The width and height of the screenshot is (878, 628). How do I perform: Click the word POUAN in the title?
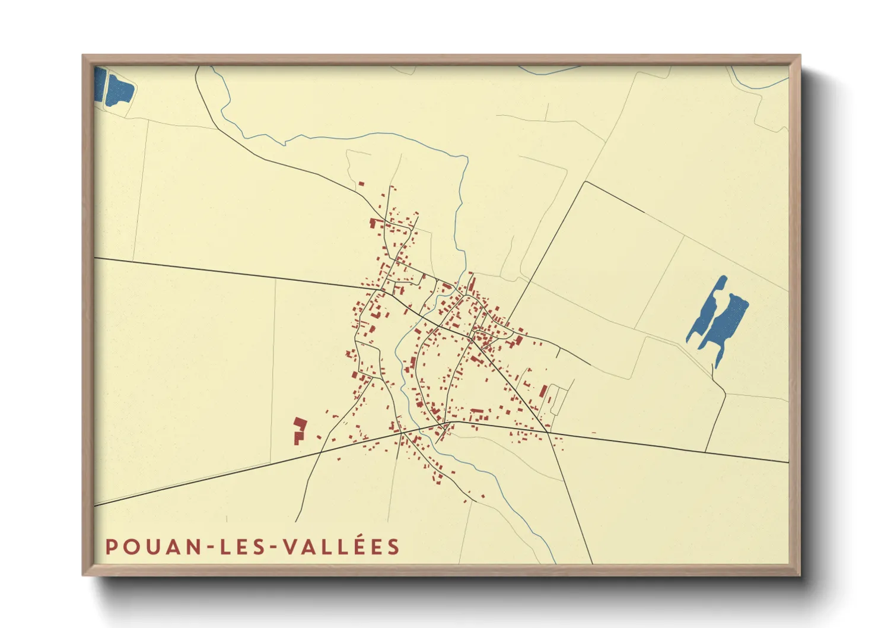[x=153, y=547]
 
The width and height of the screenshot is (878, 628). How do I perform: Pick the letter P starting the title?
[x=111, y=547]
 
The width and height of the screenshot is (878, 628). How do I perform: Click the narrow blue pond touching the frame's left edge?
[x=99, y=85]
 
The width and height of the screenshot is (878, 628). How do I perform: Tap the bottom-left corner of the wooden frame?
[x=84, y=575]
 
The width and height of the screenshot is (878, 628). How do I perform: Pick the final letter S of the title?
[x=394, y=547]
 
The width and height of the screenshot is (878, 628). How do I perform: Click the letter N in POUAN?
[x=194, y=547]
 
